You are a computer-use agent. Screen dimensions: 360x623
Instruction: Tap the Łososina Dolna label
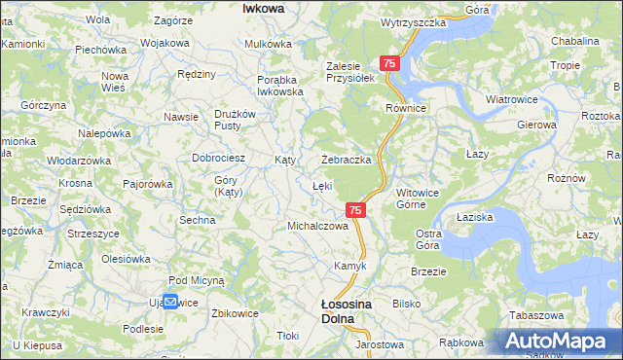347,310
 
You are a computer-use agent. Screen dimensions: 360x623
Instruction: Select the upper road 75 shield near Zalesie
389,63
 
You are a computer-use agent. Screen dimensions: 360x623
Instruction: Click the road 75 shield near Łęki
355,210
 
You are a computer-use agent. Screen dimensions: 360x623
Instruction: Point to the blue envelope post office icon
170,302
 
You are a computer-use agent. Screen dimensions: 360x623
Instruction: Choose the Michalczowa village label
317,226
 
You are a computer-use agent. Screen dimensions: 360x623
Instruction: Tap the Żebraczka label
348,160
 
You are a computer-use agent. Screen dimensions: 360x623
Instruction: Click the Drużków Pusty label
235,120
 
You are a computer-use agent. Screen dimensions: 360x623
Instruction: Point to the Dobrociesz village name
218,157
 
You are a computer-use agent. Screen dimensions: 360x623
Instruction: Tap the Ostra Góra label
429,238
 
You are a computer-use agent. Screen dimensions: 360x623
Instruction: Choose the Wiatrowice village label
512,98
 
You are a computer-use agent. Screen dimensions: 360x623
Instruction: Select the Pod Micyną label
197,279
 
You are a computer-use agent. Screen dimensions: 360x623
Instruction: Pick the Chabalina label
574,41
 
